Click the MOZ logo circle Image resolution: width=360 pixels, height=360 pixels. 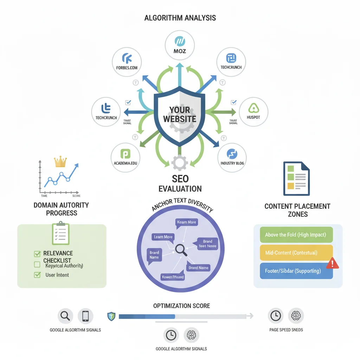click(x=180, y=45)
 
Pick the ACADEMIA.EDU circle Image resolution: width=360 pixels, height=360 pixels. click(x=125, y=157)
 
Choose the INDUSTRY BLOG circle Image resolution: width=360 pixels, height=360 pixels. click(x=232, y=157)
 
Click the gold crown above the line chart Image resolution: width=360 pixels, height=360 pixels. click(x=60, y=162)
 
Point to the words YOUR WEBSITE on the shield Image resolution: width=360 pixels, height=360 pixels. click(x=179, y=114)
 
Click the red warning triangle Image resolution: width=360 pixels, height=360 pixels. click(x=332, y=263)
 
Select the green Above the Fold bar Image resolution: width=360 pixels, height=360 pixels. click(x=296, y=235)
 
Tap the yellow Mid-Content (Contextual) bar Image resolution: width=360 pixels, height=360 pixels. click(x=296, y=253)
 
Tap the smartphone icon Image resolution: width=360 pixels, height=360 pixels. click(x=85, y=316)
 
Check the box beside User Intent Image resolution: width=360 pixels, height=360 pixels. click(x=37, y=275)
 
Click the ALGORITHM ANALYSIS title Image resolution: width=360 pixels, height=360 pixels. click(x=180, y=18)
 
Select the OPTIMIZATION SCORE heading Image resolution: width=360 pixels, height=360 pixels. click(x=181, y=306)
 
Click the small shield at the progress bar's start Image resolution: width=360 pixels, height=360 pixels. click(x=111, y=316)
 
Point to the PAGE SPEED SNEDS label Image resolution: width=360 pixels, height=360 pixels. click(x=286, y=330)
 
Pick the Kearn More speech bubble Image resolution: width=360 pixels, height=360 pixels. click(x=187, y=223)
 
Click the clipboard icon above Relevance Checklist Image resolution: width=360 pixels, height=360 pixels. click(x=61, y=233)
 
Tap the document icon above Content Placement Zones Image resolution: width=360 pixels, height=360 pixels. click(x=296, y=178)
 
